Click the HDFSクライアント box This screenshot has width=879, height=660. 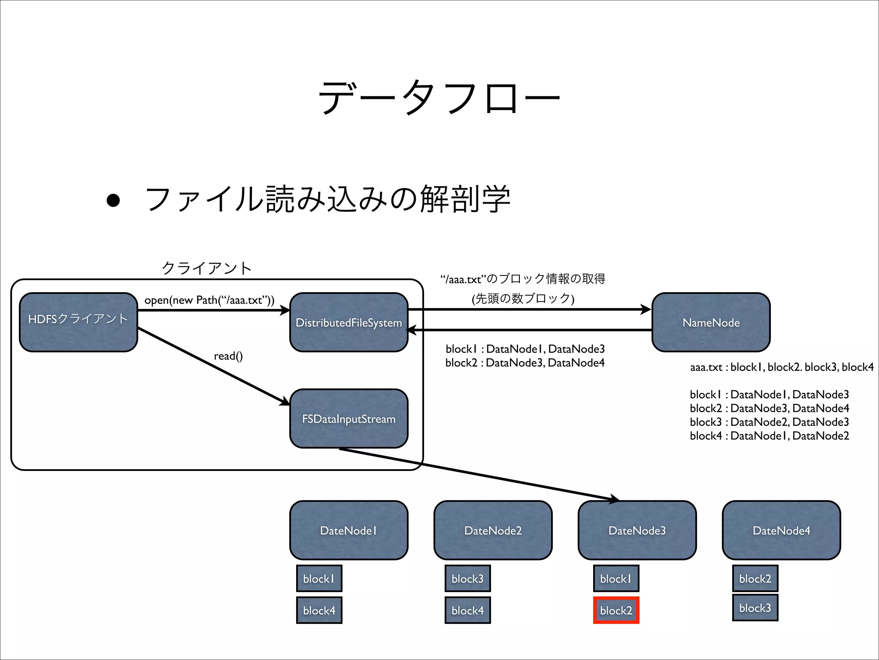pos(78,322)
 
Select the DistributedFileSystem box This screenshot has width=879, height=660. pos(349,322)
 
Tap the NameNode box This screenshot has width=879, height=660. pos(711,322)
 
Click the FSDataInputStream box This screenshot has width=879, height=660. pos(349,419)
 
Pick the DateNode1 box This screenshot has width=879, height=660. pos(349,530)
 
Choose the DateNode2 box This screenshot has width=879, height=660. pos(493,530)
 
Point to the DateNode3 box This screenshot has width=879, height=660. pos(637,530)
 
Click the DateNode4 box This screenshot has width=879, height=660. pos(781,530)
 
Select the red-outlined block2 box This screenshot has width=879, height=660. pos(616,610)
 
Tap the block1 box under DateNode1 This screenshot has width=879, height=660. pos(319,578)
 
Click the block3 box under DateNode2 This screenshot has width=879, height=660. pos(467,578)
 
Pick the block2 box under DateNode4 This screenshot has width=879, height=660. pos(755,578)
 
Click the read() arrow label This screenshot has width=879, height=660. pos(228,356)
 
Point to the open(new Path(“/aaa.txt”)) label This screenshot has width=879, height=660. pos(209,300)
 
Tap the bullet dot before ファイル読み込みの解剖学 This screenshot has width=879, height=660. pos(113,200)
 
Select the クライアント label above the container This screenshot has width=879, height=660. pos(206,268)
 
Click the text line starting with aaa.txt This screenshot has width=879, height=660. pos(782,367)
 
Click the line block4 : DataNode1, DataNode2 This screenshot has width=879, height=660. pos(769,436)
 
